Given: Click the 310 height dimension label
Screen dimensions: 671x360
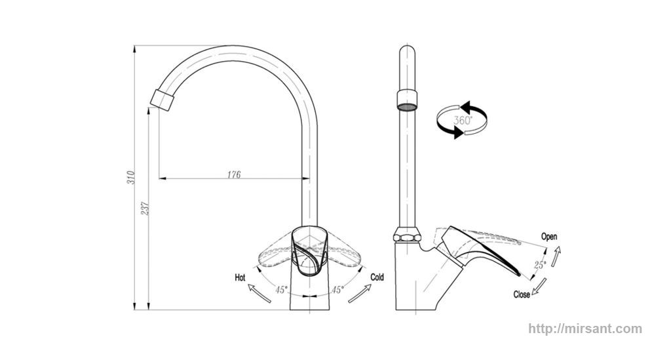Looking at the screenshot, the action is [x=132, y=178].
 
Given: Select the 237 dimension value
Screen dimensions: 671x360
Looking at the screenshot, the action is [x=145, y=209].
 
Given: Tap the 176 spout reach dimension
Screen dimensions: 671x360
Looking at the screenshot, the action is [x=234, y=174].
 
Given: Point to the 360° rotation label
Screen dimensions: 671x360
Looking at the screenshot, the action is [x=462, y=120].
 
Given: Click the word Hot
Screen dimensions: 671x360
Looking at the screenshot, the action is [x=240, y=278].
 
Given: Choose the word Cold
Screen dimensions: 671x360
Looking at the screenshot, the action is [x=377, y=277].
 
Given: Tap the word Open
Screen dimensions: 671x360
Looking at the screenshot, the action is [x=549, y=236].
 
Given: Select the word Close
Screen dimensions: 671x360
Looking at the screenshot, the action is [x=522, y=294].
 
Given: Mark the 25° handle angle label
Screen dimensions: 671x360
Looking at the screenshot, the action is [x=539, y=266].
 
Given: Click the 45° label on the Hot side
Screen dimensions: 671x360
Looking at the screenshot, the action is [x=281, y=290].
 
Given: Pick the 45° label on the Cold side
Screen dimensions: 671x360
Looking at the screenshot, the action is [x=337, y=290].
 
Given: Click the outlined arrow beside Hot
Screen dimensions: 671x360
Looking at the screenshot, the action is [x=259, y=293].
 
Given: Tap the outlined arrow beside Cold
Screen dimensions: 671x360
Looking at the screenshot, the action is [x=360, y=294].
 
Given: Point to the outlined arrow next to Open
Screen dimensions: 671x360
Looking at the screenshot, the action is [x=556, y=256].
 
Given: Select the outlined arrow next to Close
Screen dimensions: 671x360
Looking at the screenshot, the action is [x=539, y=287].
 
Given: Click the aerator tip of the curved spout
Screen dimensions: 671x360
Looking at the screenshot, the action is [x=163, y=100].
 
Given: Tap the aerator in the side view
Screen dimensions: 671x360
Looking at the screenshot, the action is [x=407, y=100].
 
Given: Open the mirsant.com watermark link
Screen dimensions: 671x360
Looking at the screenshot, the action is [x=585, y=329].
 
